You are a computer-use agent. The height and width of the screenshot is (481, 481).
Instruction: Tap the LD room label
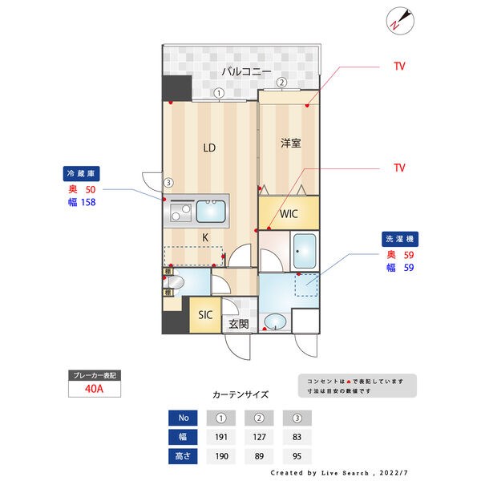point(209,148)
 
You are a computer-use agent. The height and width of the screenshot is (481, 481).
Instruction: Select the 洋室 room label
point(290,143)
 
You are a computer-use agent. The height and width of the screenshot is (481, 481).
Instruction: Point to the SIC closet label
point(205,315)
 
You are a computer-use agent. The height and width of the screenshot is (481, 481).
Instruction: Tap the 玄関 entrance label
point(238,325)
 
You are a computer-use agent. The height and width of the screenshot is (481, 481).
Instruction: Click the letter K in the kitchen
point(205,237)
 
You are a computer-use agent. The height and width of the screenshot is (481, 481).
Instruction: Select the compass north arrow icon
point(399,21)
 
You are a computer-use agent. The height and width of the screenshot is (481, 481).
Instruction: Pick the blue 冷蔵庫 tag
point(80,172)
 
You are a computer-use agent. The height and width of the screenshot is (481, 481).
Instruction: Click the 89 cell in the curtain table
point(258,456)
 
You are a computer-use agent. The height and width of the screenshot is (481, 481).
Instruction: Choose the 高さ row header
point(183,456)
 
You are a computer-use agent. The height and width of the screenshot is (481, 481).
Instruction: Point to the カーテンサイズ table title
point(240,395)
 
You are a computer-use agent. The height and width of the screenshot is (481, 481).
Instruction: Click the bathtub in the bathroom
point(305,252)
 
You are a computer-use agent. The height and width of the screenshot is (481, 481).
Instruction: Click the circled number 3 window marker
point(168,182)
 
